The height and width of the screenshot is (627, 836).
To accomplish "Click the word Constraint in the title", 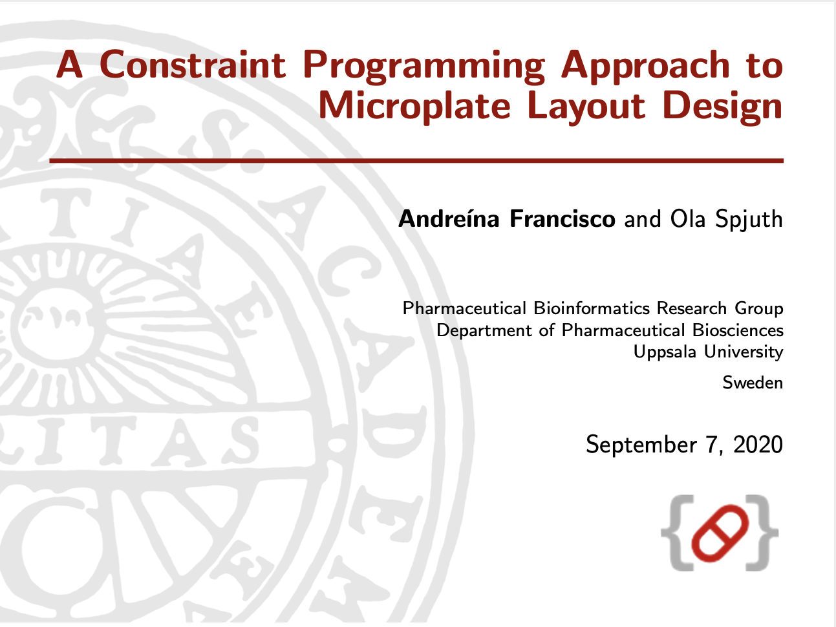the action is pyautogui.click(x=192, y=65).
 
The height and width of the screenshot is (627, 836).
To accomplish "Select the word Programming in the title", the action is pyautogui.click(x=423, y=67).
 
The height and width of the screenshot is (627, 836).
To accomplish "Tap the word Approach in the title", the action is pyautogui.click(x=645, y=67).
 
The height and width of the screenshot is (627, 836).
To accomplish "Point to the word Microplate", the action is pyautogui.click(x=414, y=107).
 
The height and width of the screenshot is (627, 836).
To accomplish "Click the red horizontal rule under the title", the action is pyautogui.click(x=416, y=161).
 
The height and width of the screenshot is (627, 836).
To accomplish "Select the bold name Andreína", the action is pyautogui.click(x=449, y=218).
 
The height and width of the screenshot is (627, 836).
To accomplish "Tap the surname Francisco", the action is pyautogui.click(x=563, y=219).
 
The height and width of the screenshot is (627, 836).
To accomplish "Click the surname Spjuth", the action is pyautogui.click(x=749, y=220).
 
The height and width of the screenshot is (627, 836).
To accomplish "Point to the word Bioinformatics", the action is pyautogui.click(x=592, y=308).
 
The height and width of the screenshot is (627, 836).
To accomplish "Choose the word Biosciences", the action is pyautogui.click(x=738, y=330).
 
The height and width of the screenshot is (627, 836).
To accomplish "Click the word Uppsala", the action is pyautogui.click(x=665, y=352).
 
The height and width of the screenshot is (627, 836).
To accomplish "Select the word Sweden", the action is pyautogui.click(x=753, y=383).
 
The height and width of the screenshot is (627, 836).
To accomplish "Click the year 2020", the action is pyautogui.click(x=758, y=445).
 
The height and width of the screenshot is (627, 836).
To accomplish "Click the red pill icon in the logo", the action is pyautogui.click(x=720, y=533).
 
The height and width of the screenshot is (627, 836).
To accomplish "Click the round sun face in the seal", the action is pyautogui.click(x=57, y=324).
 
